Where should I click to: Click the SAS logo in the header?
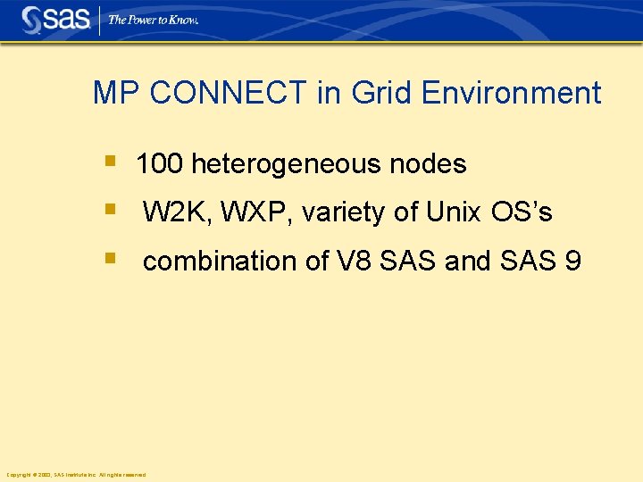(55, 20)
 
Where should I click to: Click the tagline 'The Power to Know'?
(153, 20)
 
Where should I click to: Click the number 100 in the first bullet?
(160, 164)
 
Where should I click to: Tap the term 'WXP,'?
(256, 212)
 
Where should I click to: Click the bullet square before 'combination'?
(109, 259)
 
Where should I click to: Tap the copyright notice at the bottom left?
(76, 474)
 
